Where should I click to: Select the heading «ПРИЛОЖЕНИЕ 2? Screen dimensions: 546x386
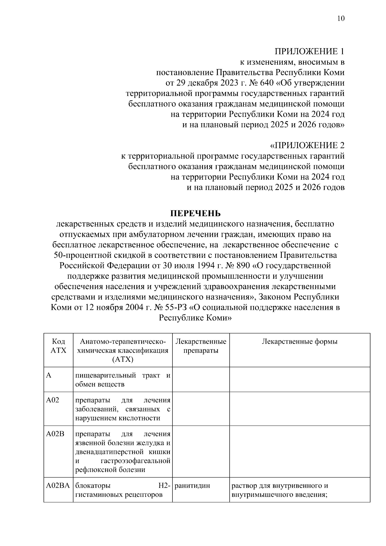coord(307,146)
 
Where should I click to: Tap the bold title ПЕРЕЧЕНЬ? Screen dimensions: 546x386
coord(195,214)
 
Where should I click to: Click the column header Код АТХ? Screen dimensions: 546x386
coord(58,346)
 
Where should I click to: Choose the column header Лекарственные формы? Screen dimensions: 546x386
coord(299,342)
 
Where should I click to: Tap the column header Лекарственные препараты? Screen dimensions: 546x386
coord(201,346)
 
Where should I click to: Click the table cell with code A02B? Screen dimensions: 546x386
coord(55,434)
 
